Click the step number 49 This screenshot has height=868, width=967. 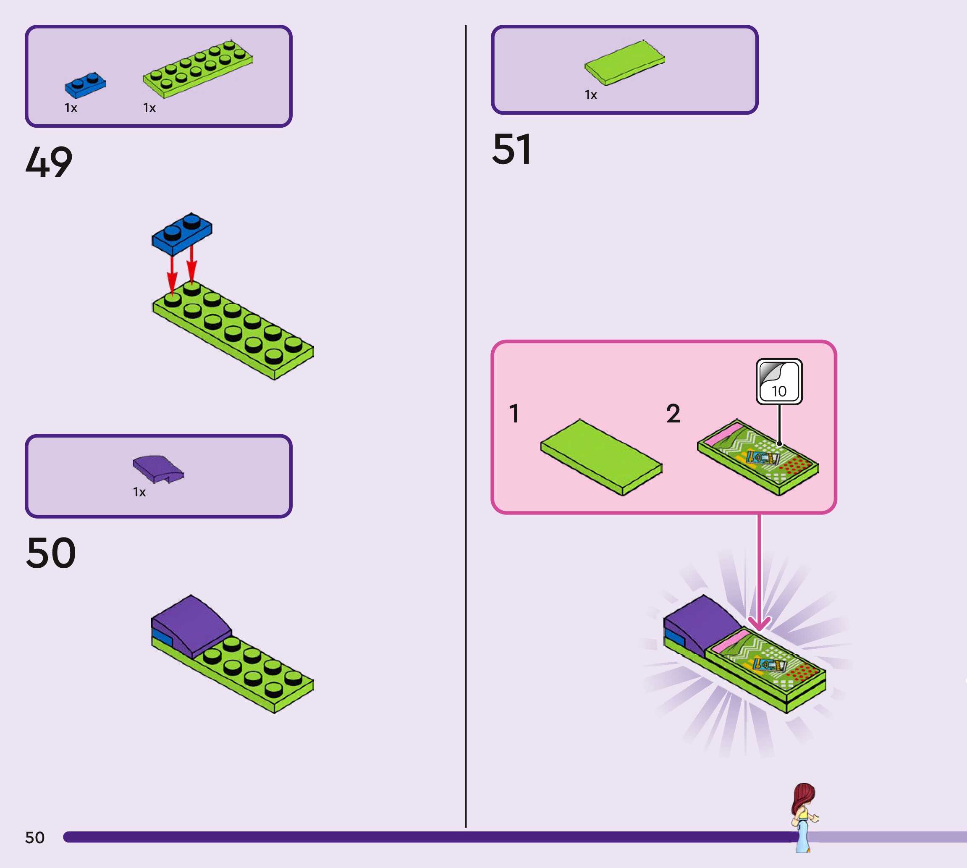tap(49, 162)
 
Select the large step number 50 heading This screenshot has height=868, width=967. tap(51, 553)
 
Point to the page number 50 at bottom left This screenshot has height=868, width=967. tap(35, 837)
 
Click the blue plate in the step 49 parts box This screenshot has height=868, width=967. tap(85, 85)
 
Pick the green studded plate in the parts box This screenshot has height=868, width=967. tap(197, 69)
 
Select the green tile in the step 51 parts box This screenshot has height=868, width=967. tap(625, 63)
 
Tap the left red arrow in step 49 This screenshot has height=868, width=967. tap(172, 277)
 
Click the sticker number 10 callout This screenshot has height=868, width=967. tap(779, 382)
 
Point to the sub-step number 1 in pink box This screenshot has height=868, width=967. tap(514, 414)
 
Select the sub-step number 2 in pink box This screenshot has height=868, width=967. tap(673, 414)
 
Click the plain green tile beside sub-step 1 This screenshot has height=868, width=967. tap(601, 457)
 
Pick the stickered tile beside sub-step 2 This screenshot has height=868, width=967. tap(758, 457)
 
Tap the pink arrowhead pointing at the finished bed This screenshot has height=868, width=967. tap(759, 624)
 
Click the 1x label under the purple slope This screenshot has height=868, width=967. tap(139, 492)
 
